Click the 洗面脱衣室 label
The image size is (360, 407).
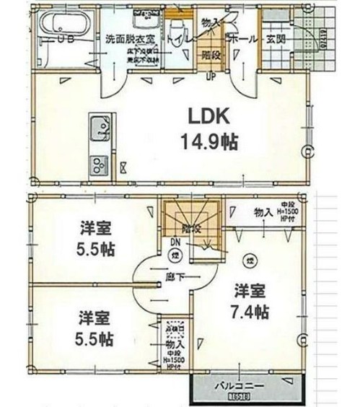coord(128,38)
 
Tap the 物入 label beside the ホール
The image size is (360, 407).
coord(210,25)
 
